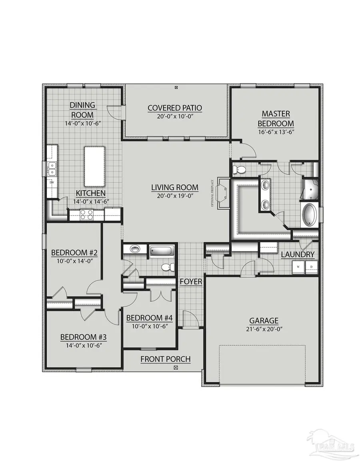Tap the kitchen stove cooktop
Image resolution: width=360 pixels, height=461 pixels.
[x=86, y=215]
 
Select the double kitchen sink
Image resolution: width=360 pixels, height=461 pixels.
[x=52, y=169]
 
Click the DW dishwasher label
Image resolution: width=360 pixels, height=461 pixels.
[x=52, y=184]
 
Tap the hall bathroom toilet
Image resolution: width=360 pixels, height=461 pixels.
[x=167, y=267]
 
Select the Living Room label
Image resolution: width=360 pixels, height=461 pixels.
[x=174, y=187]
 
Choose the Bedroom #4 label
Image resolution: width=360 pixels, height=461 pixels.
[x=149, y=318]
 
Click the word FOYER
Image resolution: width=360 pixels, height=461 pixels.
[x=191, y=282]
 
